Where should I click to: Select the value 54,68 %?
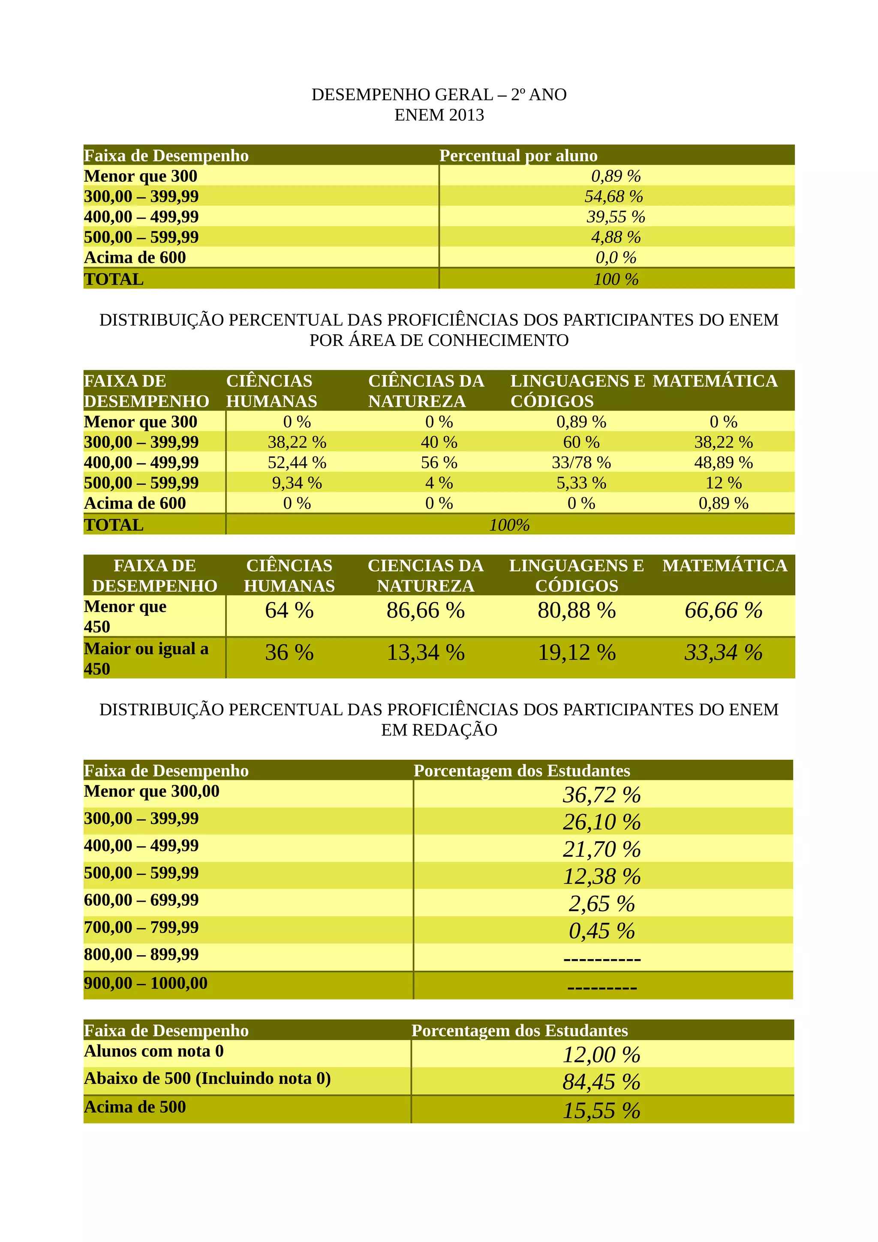613,196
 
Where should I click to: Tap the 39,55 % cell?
616,217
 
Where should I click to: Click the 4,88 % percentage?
616,237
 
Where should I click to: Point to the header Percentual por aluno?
518,156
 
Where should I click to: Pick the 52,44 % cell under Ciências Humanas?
297,462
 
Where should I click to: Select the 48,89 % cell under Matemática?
723,462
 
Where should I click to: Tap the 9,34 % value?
297,483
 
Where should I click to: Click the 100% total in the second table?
509,525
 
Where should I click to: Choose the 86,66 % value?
425,611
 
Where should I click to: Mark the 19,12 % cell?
576,653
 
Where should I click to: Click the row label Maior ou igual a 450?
146,658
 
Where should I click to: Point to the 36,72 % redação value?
601,795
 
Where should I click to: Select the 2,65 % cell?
601,903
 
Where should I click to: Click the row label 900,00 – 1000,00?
145,983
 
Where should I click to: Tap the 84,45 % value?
601,1082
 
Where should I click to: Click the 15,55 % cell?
601,1110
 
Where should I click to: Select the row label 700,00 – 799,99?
141,927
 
